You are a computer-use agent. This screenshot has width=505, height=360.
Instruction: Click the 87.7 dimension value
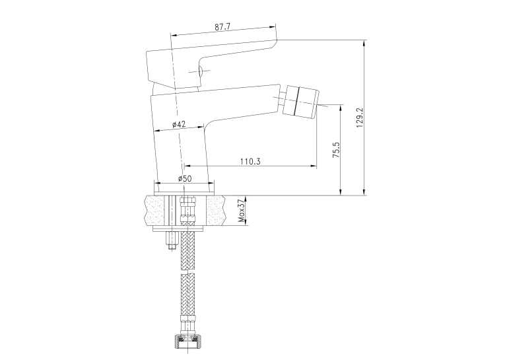coord(222,26)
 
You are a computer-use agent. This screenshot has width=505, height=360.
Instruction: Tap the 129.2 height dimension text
coord(360,118)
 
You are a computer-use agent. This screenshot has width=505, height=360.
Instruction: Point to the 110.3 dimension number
coord(250,161)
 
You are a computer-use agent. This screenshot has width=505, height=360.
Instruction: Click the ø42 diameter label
coord(179,124)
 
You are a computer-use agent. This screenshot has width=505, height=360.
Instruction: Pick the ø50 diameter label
coord(185,178)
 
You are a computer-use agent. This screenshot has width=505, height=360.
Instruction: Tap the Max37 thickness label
coord(241,211)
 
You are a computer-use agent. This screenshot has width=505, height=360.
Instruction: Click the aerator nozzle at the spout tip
coord(300,101)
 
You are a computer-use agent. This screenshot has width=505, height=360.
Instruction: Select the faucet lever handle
coord(211,63)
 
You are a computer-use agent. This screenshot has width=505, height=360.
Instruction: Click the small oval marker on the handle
coord(199,71)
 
